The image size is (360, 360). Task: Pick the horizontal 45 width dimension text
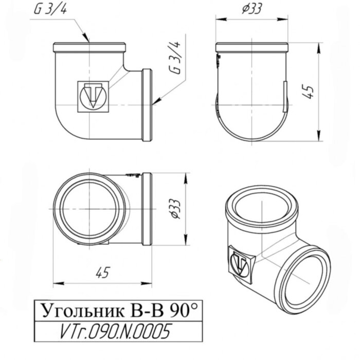tap(103, 273)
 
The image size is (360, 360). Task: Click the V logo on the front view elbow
tap(93, 96)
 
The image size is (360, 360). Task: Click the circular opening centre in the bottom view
tap(91, 210)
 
